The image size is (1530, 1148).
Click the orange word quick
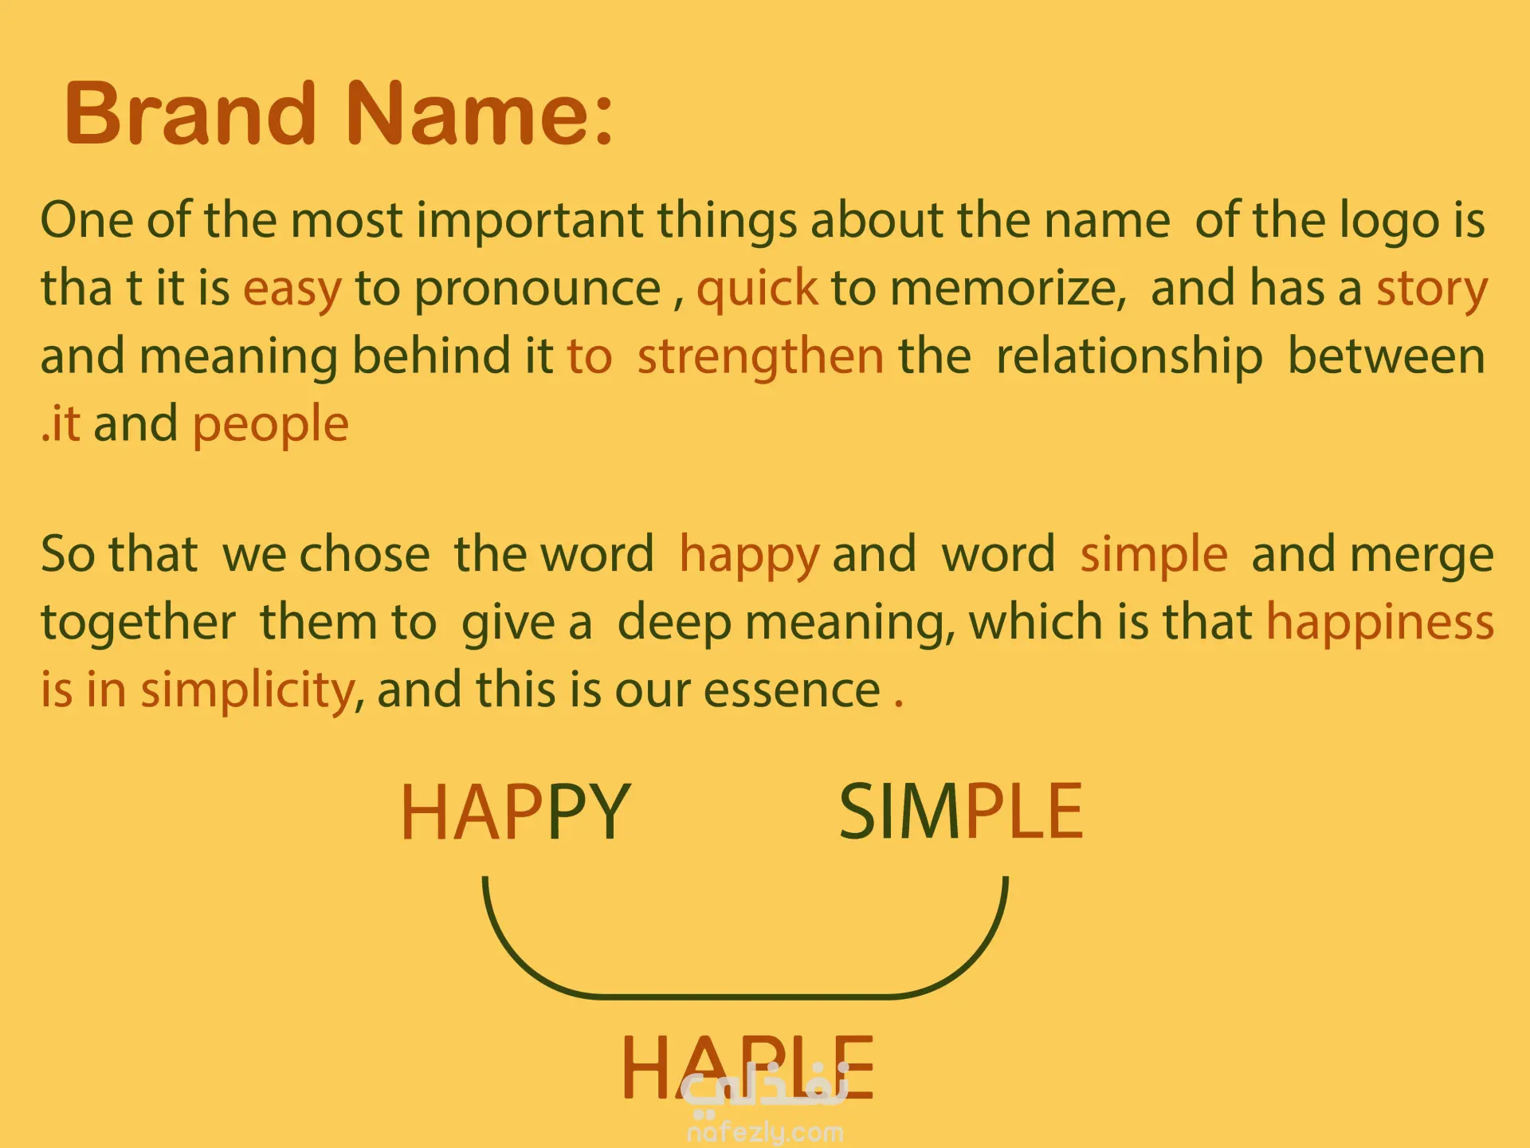tap(757, 289)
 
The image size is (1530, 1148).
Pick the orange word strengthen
tap(760, 356)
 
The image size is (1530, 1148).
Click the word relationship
tap(1129, 356)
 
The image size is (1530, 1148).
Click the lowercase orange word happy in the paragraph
tap(749, 556)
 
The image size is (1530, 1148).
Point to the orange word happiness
tap(1380, 623)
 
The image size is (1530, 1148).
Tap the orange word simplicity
tap(248, 691)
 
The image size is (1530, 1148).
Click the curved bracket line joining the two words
tap(745, 997)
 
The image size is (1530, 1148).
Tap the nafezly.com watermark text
tap(765, 1132)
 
